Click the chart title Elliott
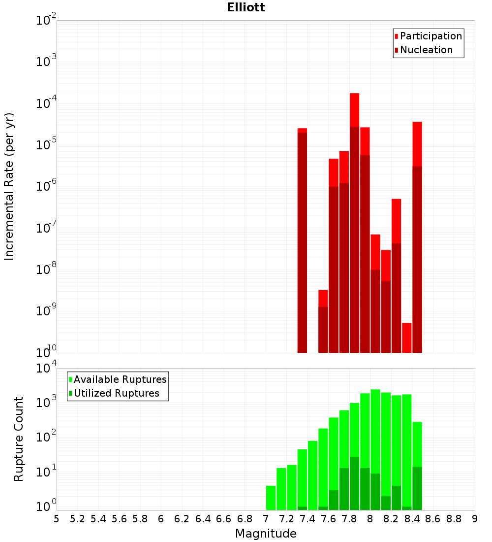[x=246, y=8]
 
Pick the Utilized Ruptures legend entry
[x=116, y=393]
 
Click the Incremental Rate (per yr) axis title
[x=9, y=187]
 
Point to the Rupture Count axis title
[x=19, y=439]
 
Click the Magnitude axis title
[x=266, y=534]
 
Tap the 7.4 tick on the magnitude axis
[x=307, y=519]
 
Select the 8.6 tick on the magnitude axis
[x=433, y=519]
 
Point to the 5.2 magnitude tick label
[x=77, y=519]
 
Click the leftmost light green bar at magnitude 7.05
[x=271, y=498]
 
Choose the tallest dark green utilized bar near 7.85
[x=354, y=483]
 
